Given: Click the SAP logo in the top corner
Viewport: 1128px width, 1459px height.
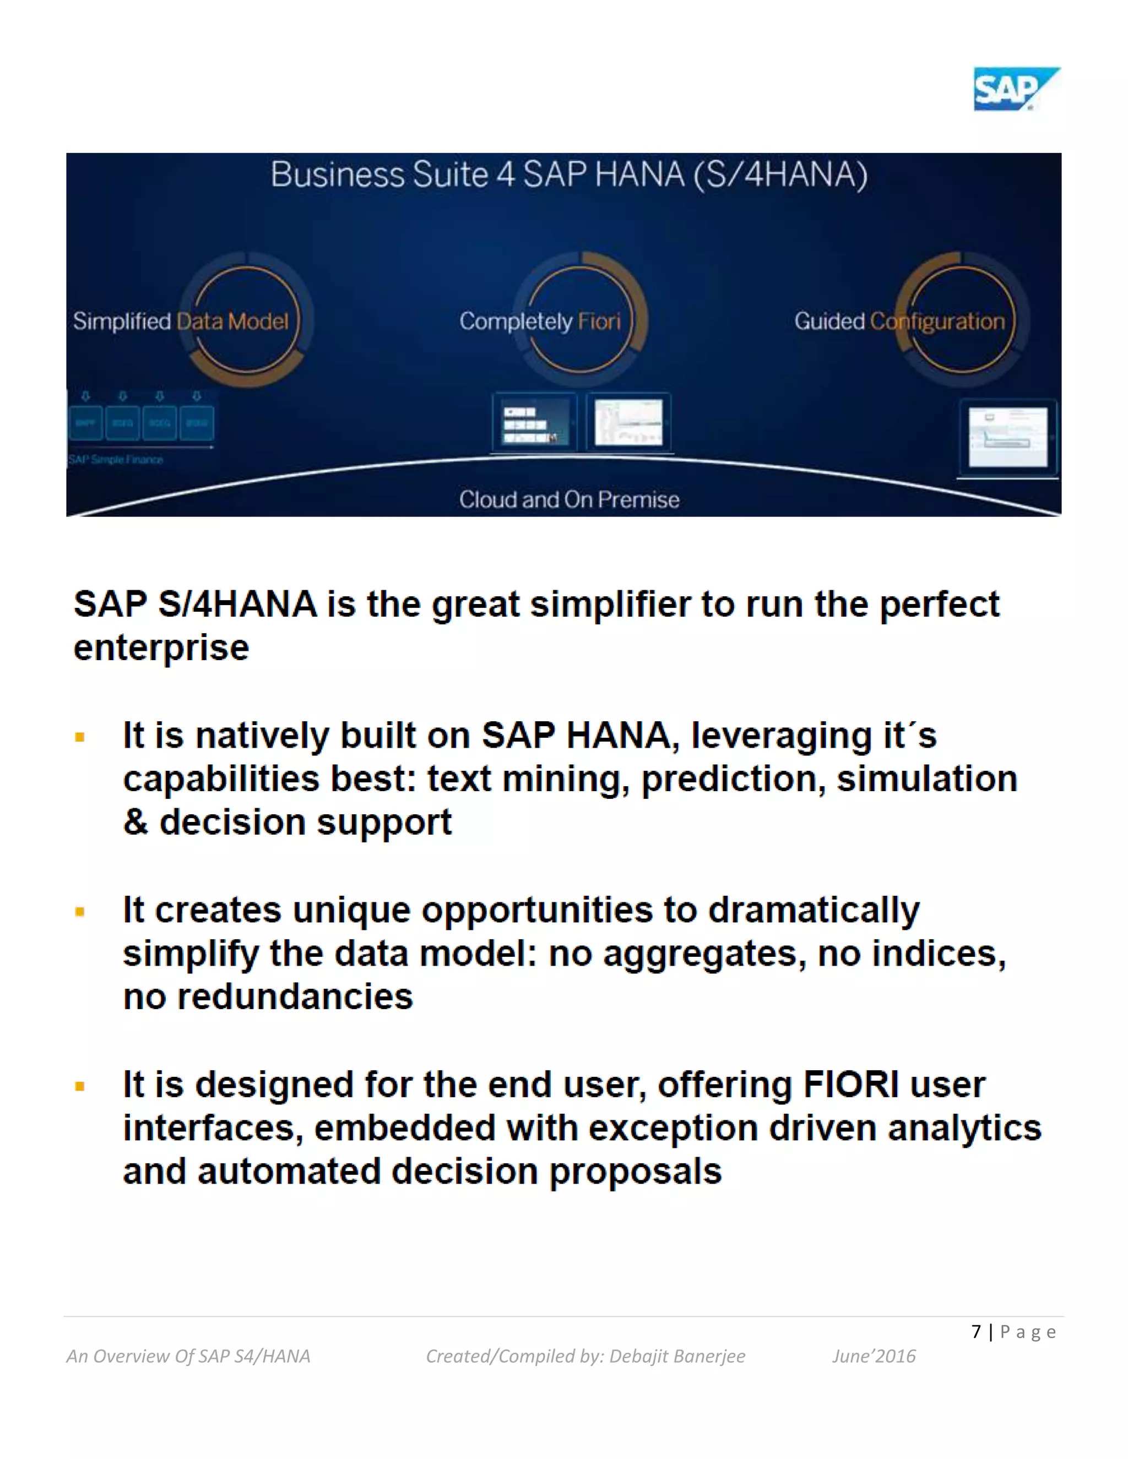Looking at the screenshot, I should pyautogui.click(x=1015, y=89).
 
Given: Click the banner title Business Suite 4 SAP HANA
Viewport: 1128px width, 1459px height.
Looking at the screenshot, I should pyautogui.click(x=568, y=175).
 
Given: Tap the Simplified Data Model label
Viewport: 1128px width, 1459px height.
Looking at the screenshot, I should pyautogui.click(x=181, y=322).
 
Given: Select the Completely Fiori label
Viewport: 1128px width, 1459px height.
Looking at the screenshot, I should pyautogui.click(x=540, y=322).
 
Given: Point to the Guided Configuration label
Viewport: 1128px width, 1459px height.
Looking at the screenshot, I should pyautogui.click(x=899, y=322).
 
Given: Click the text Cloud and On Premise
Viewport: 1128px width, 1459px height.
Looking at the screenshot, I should pyautogui.click(x=568, y=500).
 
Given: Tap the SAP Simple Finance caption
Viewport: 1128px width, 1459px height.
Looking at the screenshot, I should pyautogui.click(x=116, y=460).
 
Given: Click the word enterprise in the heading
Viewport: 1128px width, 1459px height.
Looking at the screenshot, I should pyautogui.click(x=161, y=648).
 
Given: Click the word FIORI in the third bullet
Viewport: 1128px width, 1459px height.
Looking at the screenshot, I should pyautogui.click(x=850, y=1084).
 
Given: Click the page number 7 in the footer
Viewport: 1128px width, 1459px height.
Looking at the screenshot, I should pyautogui.click(x=977, y=1332).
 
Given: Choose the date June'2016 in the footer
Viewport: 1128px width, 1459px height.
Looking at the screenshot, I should pyautogui.click(x=874, y=1356).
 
